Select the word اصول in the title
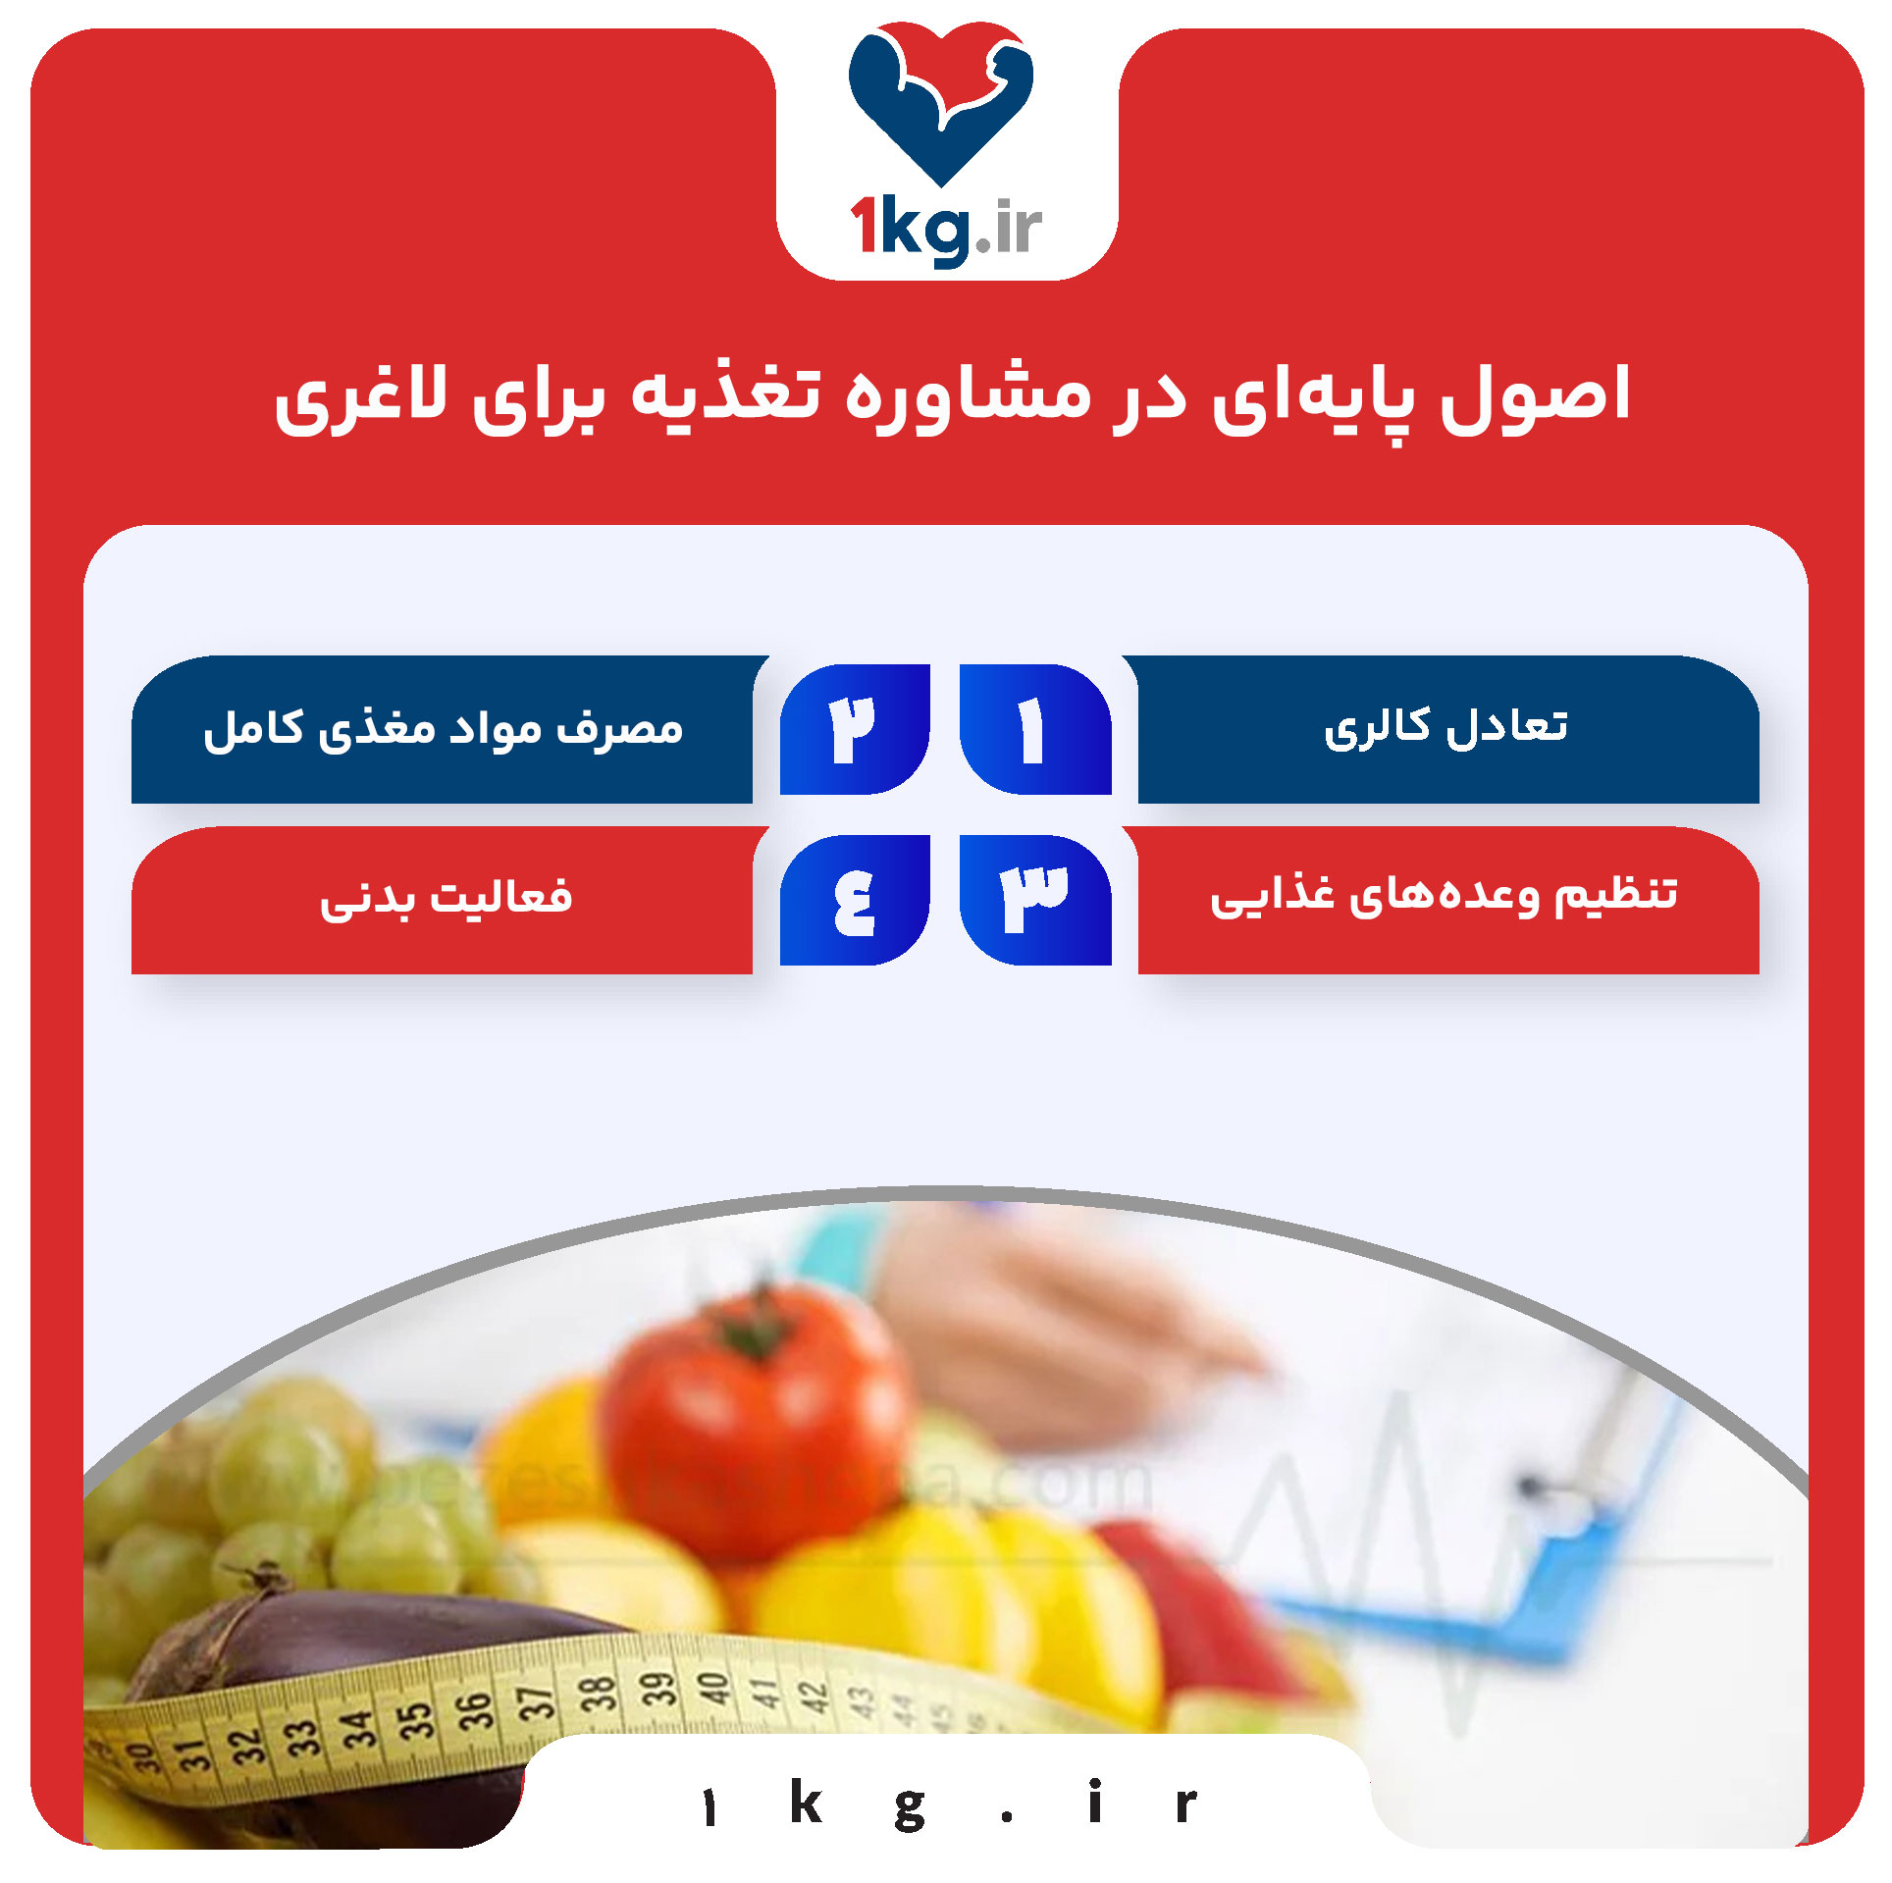coord(1535,395)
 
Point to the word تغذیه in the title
coord(725,395)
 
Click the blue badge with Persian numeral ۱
coord(1034,729)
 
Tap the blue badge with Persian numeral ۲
coord(854,729)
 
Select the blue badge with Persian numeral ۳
coord(1034,900)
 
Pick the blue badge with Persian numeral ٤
coord(854,900)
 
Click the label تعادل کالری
coord(1446,727)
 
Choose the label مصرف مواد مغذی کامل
coord(443,729)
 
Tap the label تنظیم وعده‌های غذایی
coord(1445,896)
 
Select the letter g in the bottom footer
coord(910,1806)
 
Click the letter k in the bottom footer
coord(806,1803)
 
